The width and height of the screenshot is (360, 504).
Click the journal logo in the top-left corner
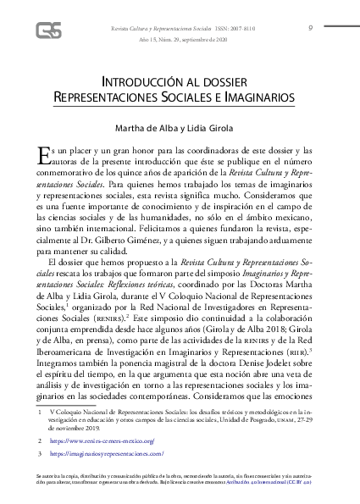pos(47,30)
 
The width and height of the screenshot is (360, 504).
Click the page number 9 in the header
pos(311,27)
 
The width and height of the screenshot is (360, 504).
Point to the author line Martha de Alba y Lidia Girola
pos(179,128)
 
